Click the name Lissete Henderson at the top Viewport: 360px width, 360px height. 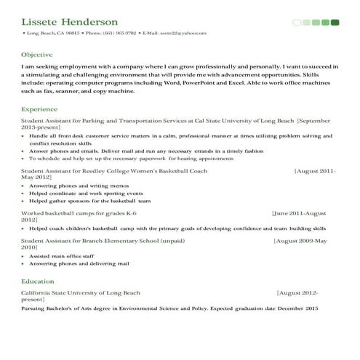70,22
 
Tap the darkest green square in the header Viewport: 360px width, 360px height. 335,23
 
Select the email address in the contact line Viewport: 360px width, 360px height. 183,33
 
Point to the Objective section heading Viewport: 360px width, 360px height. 36,55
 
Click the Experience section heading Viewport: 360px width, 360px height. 39,109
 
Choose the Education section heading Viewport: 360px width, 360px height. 38,281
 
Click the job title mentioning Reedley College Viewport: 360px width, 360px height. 114,171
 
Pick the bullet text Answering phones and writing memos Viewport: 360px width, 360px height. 68,185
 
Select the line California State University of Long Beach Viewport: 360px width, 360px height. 81,292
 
